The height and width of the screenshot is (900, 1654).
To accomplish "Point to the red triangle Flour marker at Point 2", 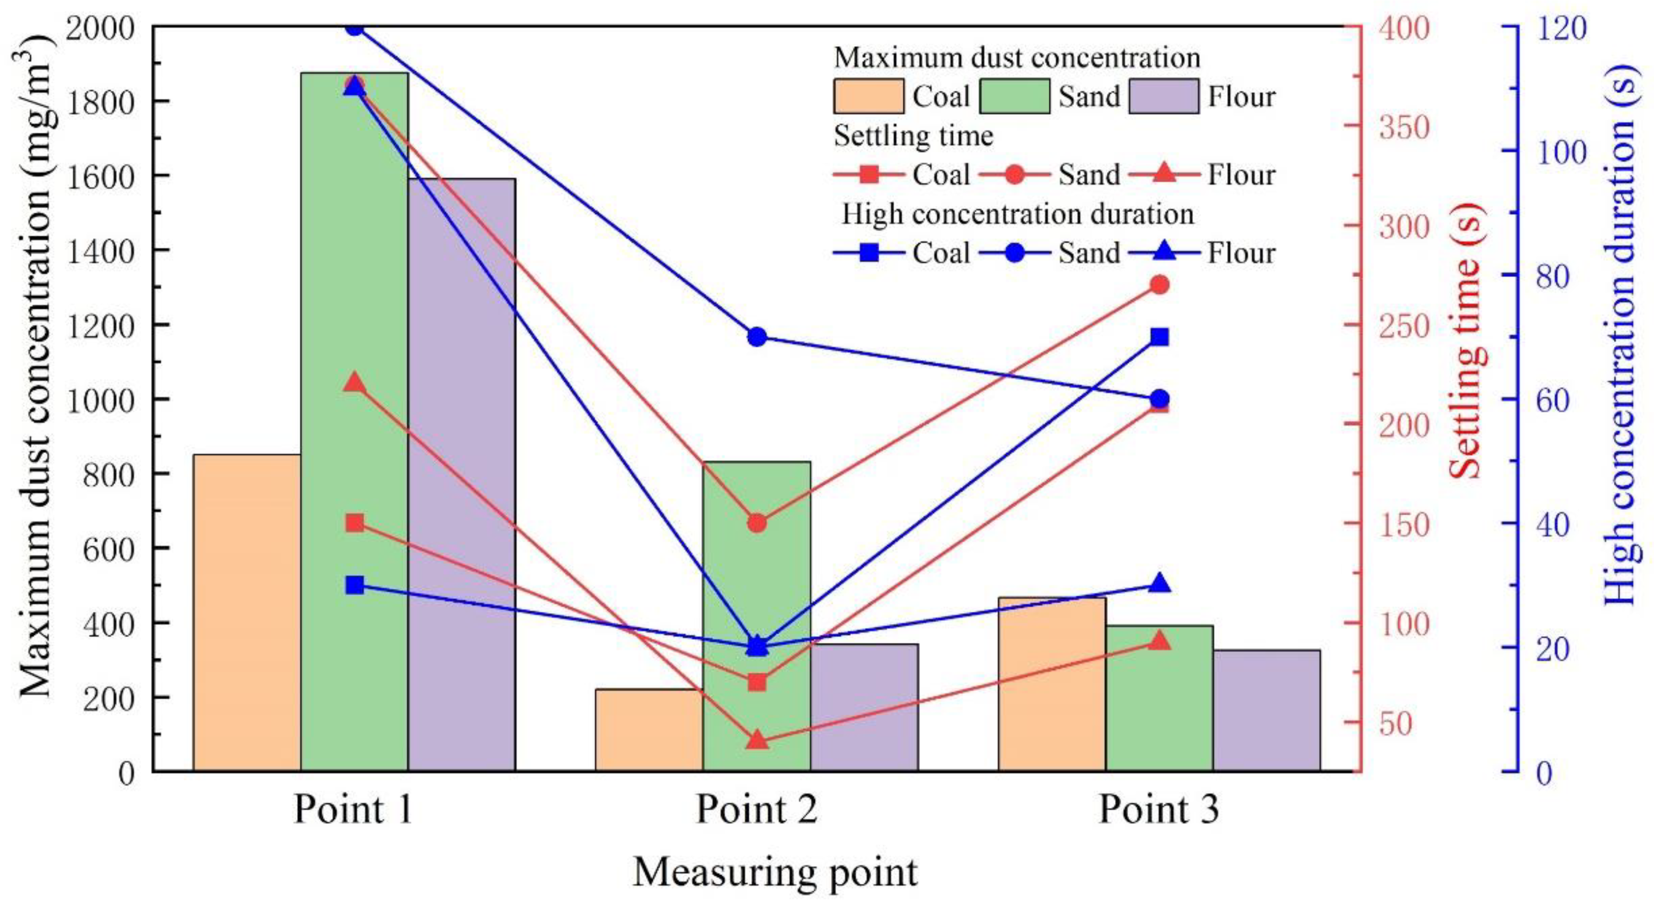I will click(757, 740).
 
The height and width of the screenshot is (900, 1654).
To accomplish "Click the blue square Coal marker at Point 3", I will click(1159, 337).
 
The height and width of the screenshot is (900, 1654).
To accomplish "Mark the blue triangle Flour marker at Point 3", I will click(1159, 583).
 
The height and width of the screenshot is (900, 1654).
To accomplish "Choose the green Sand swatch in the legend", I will click(1015, 96).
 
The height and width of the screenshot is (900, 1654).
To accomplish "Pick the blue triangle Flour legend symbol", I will click(1165, 252).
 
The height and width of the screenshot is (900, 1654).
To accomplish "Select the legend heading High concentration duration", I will click(1017, 214).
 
